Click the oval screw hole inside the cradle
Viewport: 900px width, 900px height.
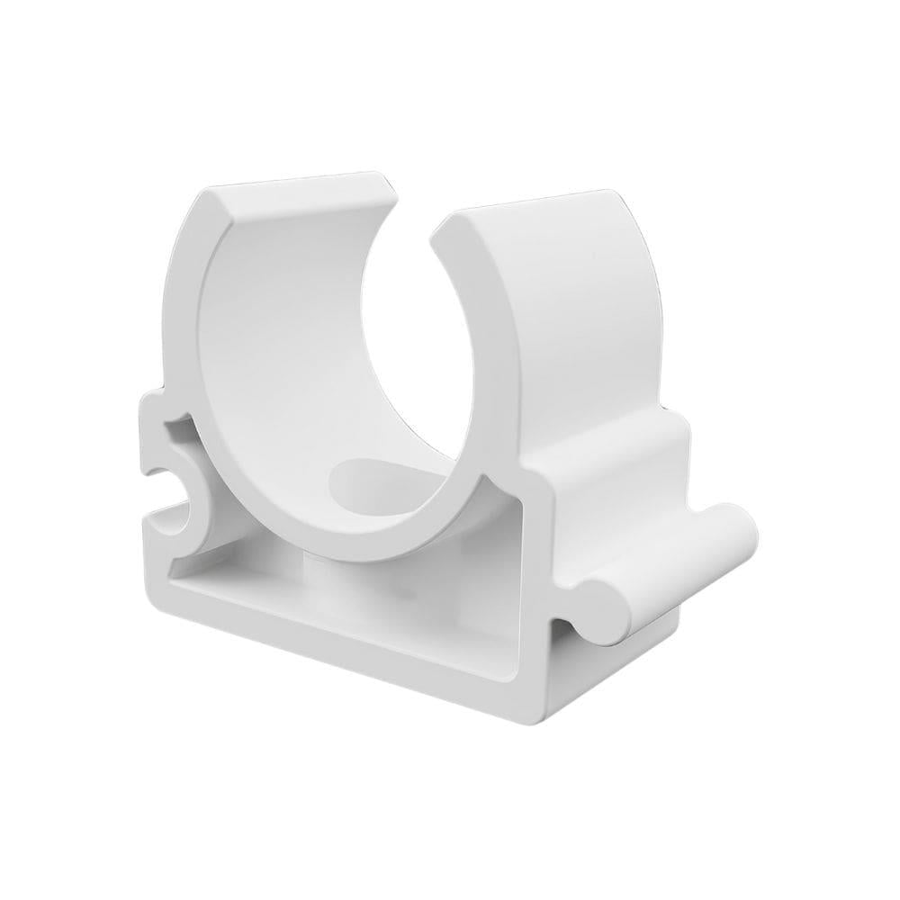[366, 477]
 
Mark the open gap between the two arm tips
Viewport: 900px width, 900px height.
[415, 207]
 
